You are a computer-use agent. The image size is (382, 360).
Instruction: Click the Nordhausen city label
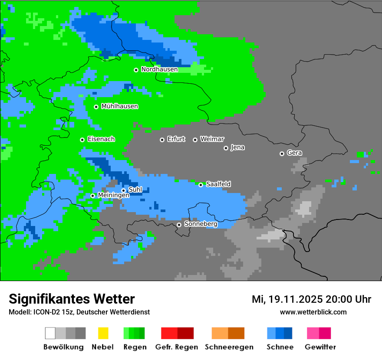159,69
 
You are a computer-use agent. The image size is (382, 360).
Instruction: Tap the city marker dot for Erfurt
162,140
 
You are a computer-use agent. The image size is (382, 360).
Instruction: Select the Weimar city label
212,139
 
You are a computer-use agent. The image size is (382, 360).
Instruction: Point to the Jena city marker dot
226,148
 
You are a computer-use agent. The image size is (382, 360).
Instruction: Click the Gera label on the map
294,153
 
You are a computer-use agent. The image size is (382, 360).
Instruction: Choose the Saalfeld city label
218,184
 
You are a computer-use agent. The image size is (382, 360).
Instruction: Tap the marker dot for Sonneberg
179,225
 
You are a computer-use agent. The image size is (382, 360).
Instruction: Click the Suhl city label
135,190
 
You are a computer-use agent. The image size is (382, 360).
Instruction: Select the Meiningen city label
113,195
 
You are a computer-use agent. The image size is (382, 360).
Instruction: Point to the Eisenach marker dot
82,140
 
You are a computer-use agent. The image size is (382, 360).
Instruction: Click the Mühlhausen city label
119,106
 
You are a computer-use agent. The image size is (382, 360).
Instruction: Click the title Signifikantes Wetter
72,299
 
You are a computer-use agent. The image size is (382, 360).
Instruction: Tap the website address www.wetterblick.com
313,312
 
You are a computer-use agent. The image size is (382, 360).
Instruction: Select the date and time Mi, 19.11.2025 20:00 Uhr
311,299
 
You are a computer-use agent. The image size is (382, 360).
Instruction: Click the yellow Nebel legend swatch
102,333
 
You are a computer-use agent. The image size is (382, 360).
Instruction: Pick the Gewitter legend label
320,347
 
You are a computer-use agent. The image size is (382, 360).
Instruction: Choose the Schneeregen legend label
229,347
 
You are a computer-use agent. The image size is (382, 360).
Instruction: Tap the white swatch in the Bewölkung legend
50,333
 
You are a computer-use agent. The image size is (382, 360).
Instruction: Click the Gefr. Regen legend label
176,347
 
